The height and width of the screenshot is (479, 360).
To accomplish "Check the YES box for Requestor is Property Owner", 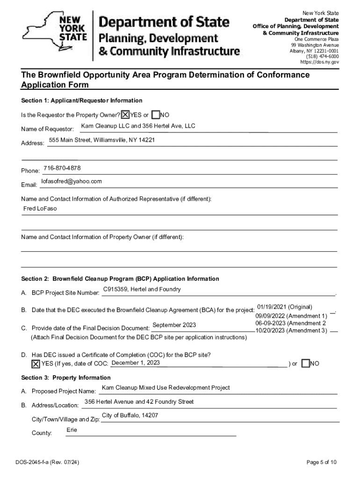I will [x=125, y=115].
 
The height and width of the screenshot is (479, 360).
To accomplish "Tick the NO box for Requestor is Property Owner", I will [x=156, y=115].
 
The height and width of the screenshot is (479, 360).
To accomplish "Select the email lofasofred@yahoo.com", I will [x=72, y=181].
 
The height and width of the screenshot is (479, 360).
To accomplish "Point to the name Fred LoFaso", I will [x=40, y=209].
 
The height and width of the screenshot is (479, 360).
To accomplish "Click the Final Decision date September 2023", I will [x=174, y=326].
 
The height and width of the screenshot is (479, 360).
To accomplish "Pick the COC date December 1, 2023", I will [x=136, y=363].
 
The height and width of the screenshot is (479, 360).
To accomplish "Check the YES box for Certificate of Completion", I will [x=36, y=364].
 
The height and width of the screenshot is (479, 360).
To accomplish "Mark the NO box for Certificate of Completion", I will [x=305, y=364].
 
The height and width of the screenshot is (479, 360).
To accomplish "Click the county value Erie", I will [x=72, y=429].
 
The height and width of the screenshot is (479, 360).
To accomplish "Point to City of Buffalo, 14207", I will [x=130, y=416].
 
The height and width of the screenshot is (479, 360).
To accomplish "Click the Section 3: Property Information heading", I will [x=66, y=378].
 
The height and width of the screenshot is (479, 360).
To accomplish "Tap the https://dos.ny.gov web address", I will [x=319, y=62].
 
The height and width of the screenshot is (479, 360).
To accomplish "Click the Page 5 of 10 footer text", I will [x=322, y=463].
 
